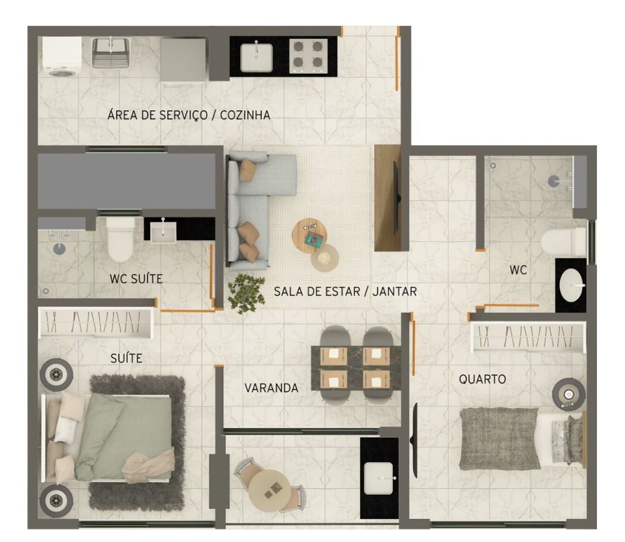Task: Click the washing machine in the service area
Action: pos(61,57)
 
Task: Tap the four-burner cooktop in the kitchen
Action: pos(309,56)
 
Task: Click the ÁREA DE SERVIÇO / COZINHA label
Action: pos(189,115)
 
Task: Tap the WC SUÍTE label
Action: pos(136,279)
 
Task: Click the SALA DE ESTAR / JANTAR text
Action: pos(345,291)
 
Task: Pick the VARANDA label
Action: pos(271,388)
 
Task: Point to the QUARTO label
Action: pos(482,379)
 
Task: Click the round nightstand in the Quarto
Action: pos(569,395)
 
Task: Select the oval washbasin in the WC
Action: pos(572,286)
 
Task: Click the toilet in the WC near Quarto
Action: pos(564,241)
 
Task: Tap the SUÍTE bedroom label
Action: pos(126,358)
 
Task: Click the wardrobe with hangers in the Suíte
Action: pos(96,323)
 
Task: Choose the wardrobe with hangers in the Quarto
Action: pos(528,337)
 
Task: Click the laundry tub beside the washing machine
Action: pos(111,53)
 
